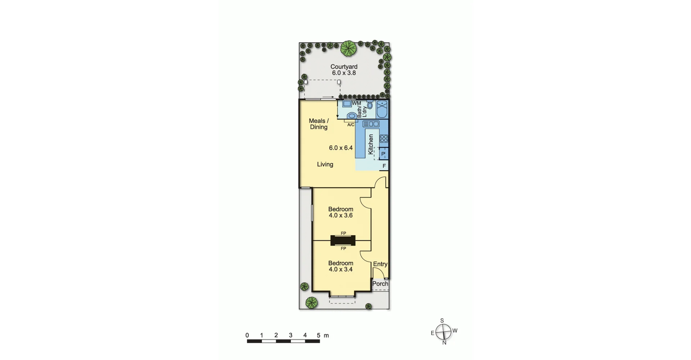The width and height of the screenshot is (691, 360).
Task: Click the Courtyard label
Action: (x=344, y=67)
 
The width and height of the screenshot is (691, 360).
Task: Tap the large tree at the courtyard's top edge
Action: (x=348, y=48)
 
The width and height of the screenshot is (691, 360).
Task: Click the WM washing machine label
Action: (x=356, y=103)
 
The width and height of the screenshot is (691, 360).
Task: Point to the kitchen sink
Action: (x=371, y=124)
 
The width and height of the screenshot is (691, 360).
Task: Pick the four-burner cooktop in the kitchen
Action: (x=384, y=138)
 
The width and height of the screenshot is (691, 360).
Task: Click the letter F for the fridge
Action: (x=384, y=166)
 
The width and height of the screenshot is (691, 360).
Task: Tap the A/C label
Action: (x=351, y=125)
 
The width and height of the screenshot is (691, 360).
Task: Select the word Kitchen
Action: (x=371, y=144)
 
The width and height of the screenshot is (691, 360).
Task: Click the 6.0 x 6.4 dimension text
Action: (x=340, y=148)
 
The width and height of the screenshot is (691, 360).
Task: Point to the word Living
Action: (x=325, y=164)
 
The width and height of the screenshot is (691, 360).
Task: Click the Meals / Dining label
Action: (x=319, y=124)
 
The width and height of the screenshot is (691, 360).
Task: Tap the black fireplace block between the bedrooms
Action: (x=343, y=241)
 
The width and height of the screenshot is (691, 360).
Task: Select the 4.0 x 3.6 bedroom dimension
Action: (x=340, y=215)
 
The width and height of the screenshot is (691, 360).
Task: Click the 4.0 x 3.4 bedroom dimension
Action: (x=340, y=269)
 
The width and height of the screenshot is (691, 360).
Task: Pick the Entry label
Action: (x=380, y=264)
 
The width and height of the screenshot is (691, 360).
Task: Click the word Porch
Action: (x=380, y=284)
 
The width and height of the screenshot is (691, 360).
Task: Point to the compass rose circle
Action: (x=443, y=332)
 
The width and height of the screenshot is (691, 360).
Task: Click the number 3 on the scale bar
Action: (x=290, y=335)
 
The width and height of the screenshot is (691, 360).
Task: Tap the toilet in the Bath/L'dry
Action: (x=352, y=115)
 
